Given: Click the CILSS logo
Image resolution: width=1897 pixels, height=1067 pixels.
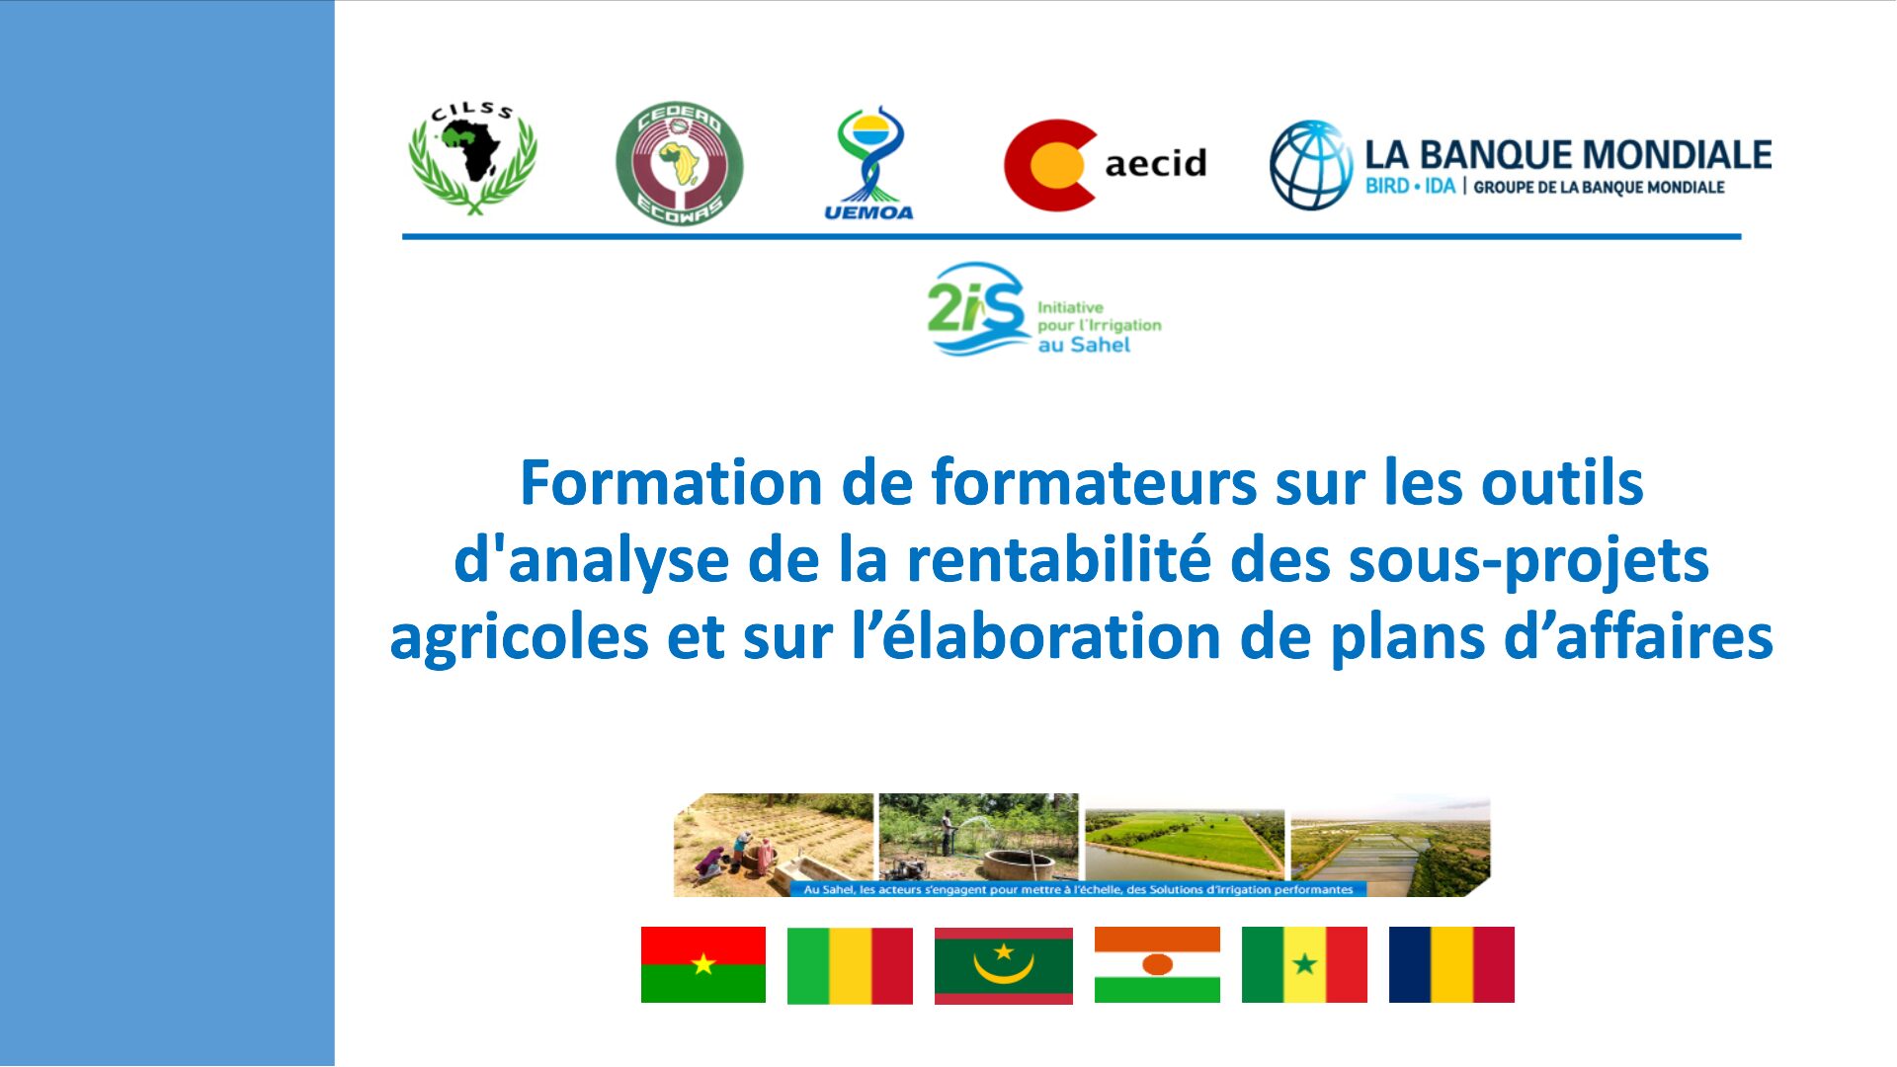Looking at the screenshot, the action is pyautogui.click(x=473, y=158).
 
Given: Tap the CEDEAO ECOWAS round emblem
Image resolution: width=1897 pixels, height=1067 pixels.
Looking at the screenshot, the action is pyautogui.click(x=679, y=163).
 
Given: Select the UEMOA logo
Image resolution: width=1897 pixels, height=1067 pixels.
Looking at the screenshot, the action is pyautogui.click(x=868, y=163).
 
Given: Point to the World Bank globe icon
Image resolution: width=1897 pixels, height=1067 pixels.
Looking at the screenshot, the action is pyautogui.click(x=1311, y=165).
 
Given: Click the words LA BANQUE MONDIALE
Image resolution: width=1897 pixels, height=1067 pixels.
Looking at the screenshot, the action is pyautogui.click(x=1568, y=154).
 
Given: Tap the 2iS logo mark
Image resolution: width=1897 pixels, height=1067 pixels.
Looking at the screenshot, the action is pyautogui.click(x=976, y=309).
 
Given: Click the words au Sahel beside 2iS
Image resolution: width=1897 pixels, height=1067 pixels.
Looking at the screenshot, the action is pyautogui.click(x=1083, y=345).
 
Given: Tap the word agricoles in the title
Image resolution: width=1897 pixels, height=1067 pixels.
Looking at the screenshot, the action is pyautogui.click(x=519, y=637).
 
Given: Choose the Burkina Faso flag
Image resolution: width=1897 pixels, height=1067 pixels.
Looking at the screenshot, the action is pyautogui.click(x=703, y=964).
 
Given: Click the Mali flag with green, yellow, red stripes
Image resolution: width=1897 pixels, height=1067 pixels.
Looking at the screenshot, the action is pyautogui.click(x=850, y=965).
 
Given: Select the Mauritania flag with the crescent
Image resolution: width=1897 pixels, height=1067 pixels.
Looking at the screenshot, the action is pyautogui.click(x=1004, y=965).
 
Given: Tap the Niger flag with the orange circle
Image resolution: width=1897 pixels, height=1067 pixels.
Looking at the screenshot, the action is pyautogui.click(x=1157, y=964).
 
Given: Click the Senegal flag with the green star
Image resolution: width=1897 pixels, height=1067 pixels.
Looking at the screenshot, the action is pyautogui.click(x=1304, y=964).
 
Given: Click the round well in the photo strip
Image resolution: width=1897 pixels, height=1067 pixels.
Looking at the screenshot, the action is pyautogui.click(x=1016, y=864).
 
